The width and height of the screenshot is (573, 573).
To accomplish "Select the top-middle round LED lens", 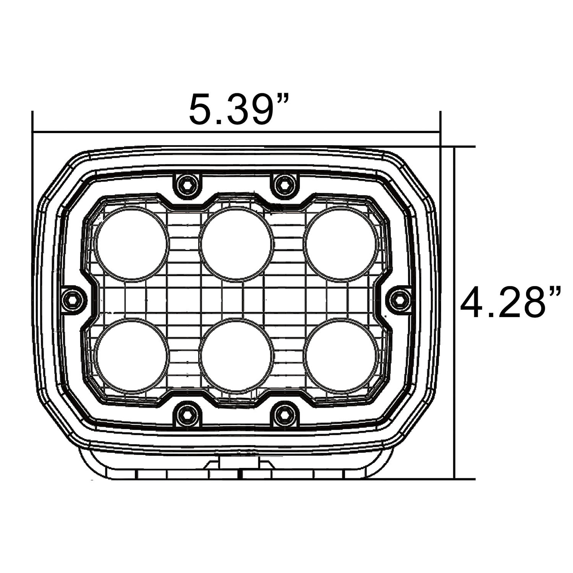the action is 236,243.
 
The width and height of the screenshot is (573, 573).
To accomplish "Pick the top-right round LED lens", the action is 341,243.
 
